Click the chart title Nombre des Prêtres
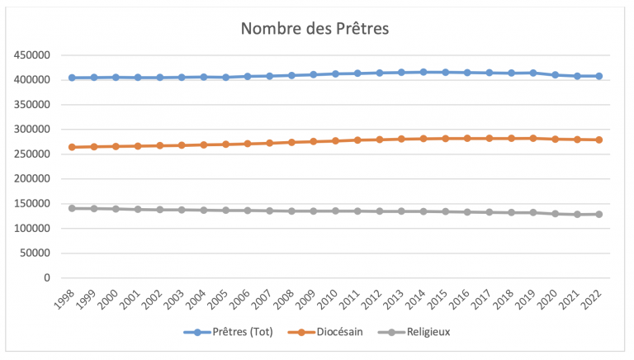[x=314, y=28]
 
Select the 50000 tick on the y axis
[x=36, y=253]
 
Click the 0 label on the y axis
[x=48, y=277]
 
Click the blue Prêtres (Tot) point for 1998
[x=72, y=78]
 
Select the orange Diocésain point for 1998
[x=72, y=147]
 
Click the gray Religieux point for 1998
[x=72, y=208]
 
